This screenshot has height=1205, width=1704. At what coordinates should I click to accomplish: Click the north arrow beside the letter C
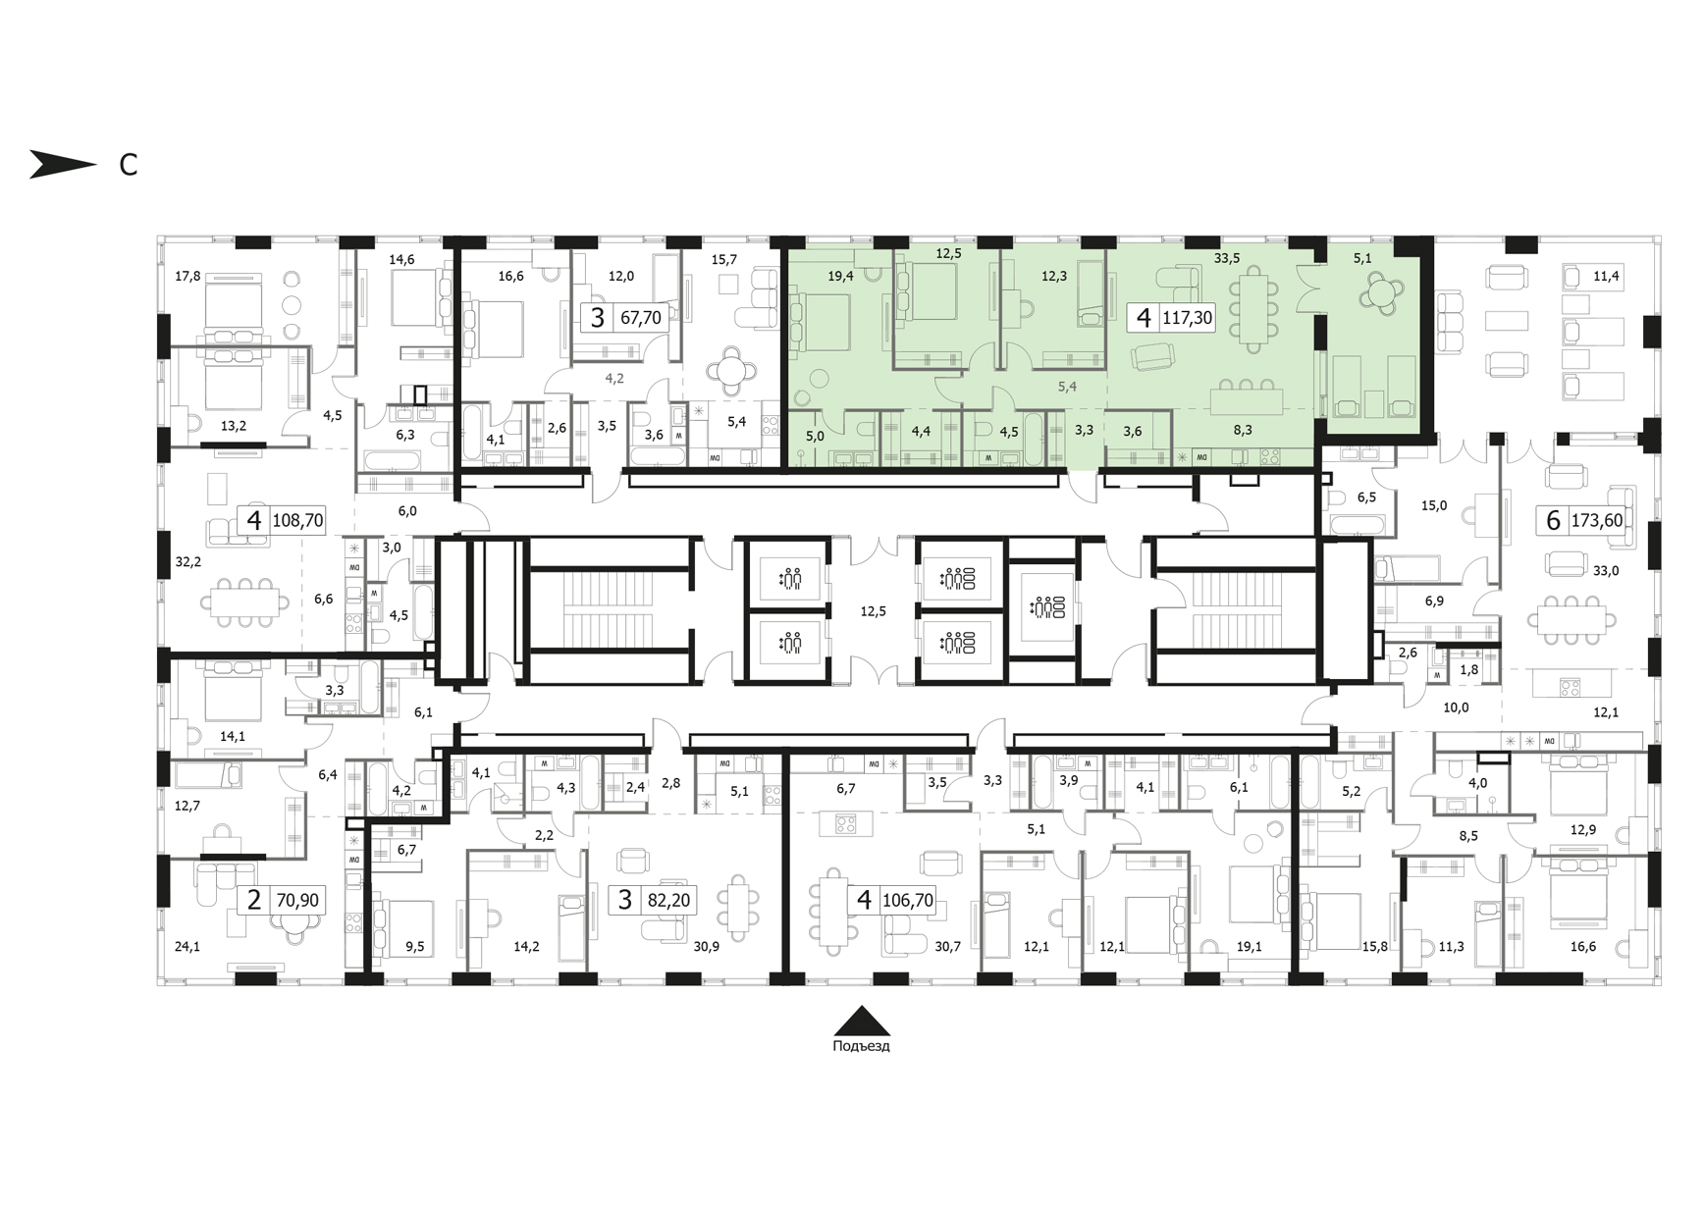click(x=61, y=165)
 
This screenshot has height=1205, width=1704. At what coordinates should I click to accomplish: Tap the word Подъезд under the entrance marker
click(x=861, y=1046)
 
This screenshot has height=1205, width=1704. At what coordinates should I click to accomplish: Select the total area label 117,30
click(x=1187, y=318)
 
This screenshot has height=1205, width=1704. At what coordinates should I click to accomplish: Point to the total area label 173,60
click(x=1597, y=520)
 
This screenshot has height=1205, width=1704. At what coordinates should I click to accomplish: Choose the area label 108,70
click(x=297, y=520)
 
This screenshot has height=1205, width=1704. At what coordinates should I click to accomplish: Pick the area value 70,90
click(x=297, y=900)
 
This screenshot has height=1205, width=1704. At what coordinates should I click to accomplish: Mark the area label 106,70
click(x=908, y=900)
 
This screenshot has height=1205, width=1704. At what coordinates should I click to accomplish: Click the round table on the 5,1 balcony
click(x=1379, y=291)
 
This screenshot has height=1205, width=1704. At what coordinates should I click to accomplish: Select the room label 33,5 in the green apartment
click(x=1227, y=259)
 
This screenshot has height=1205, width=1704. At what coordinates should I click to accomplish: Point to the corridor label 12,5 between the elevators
click(x=873, y=611)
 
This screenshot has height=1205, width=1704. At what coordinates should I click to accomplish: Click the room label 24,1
click(x=187, y=947)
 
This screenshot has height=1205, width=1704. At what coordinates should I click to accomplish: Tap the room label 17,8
click(x=187, y=276)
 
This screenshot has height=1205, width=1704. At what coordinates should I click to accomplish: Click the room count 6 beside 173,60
click(x=1553, y=520)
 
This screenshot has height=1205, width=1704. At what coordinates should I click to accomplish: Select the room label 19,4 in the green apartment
click(x=840, y=276)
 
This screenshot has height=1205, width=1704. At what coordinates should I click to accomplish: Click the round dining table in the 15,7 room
click(x=732, y=372)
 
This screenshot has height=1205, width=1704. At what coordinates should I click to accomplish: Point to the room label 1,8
click(x=1468, y=670)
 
